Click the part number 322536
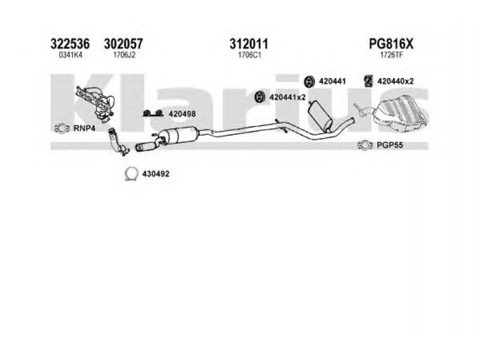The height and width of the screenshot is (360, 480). point(70,44)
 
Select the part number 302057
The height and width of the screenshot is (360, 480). point(124,44)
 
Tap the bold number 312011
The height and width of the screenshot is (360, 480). point(249,44)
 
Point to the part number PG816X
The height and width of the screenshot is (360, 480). point(391,44)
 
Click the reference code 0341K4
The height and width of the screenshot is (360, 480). point(70,55)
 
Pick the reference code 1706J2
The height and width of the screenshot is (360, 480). point(124,55)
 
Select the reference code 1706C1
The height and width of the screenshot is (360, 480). point(249,55)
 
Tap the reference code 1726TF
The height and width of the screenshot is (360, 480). point(391,55)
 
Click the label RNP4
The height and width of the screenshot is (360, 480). point(84,128)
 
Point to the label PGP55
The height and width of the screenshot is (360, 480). point(389,145)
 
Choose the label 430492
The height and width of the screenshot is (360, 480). point(156,174)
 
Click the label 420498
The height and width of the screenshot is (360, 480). point(182,114)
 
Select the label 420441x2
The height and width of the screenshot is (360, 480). point(287,97)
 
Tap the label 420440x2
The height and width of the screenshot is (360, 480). point(395,81)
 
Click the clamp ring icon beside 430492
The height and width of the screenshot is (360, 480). point(131,174)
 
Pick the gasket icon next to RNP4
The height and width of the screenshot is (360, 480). point(62,128)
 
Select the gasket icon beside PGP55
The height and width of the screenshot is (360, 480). point(365,145)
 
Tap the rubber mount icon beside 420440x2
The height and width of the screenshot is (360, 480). point(368,81)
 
